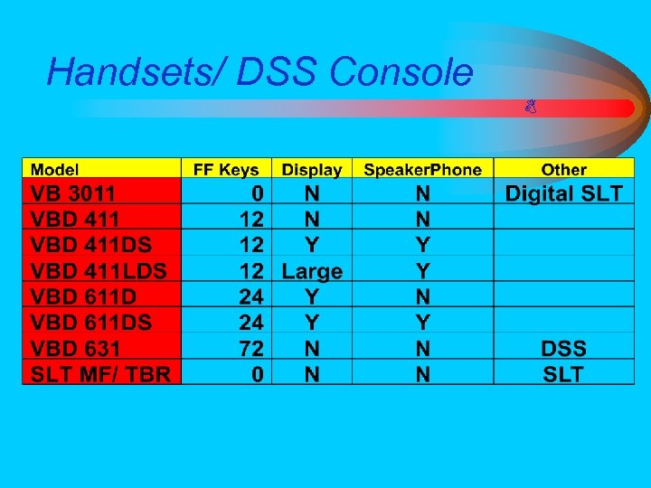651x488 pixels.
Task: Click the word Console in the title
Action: [401, 72]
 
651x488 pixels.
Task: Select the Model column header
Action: [55, 169]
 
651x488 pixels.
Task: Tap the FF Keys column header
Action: [226, 169]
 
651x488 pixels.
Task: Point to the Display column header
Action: [311, 169]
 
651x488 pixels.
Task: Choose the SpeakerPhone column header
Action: [422, 169]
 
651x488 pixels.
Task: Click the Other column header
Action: [563, 169]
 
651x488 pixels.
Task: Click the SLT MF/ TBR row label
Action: [100, 374]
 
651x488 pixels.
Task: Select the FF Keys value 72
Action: [251, 348]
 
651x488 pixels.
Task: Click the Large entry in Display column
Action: [312, 270]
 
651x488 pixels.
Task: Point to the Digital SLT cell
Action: [563, 193]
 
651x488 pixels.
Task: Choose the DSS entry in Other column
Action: [563, 348]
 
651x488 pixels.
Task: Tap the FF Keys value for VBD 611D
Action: [251, 296]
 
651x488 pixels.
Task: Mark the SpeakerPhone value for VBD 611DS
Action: [422, 323]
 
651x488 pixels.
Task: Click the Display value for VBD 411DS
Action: [312, 245]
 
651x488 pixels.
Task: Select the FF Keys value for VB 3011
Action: [258, 193]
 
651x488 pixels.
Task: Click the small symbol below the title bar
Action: [532, 108]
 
